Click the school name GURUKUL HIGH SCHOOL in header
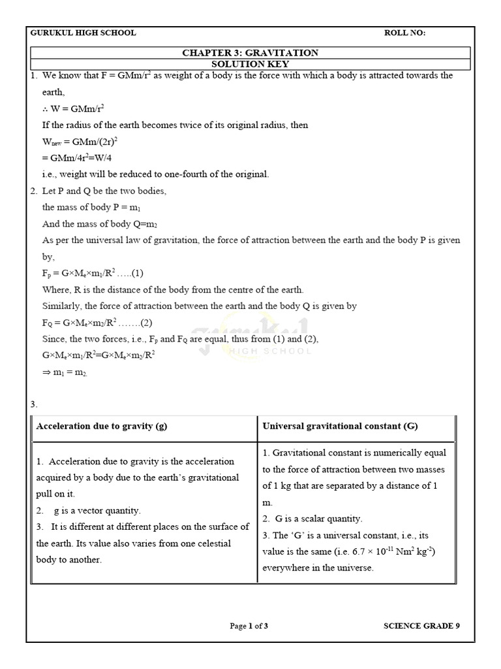[83, 33]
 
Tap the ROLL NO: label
[405, 33]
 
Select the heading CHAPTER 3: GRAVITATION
[250, 53]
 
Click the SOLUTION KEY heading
[250, 64]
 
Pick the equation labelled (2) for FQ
[97, 323]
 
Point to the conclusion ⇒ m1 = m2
[65, 372]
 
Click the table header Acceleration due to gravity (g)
[102, 427]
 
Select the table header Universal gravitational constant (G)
[340, 427]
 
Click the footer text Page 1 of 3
[249, 626]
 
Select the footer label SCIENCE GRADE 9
[421, 626]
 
